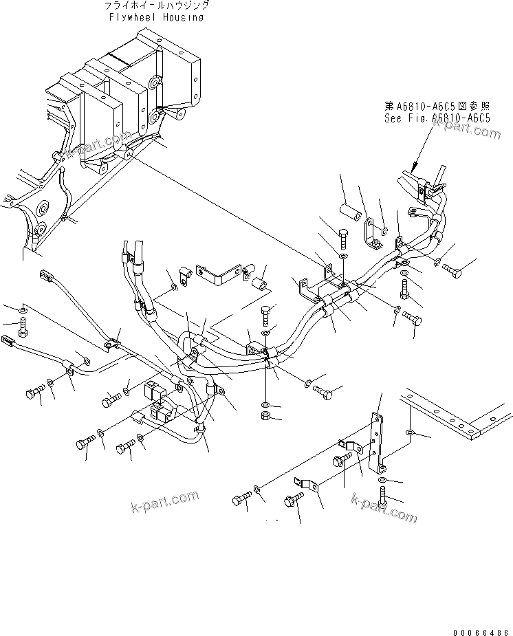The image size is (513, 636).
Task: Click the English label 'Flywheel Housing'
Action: coord(156,17)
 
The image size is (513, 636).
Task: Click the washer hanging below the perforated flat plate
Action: coord(411,434)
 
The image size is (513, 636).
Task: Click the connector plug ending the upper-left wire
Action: coord(47,277)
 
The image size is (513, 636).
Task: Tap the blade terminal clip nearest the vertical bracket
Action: coord(347,448)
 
